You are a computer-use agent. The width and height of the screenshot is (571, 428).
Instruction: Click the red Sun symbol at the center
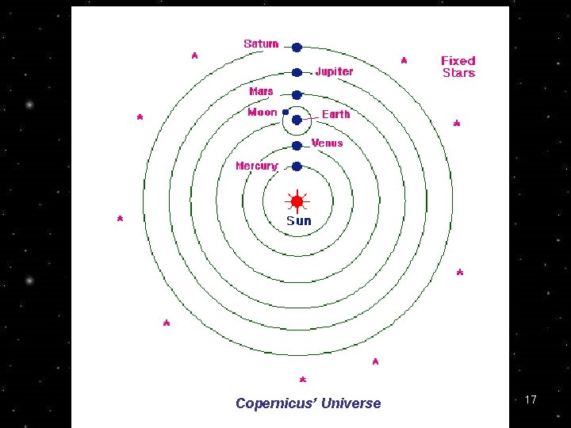(297, 201)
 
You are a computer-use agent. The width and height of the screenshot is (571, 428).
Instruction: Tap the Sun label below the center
(299, 221)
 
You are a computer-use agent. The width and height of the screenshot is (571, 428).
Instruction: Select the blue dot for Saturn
(297, 48)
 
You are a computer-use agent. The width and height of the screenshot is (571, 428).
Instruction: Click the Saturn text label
(261, 44)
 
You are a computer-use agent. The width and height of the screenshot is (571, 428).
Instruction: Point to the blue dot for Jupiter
(297, 72)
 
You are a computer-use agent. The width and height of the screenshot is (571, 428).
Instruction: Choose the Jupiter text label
(334, 71)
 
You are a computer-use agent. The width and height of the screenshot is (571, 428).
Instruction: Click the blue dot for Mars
(297, 95)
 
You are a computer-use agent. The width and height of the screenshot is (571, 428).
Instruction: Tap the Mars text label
(261, 91)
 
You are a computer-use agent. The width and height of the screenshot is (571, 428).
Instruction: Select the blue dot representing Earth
(297, 120)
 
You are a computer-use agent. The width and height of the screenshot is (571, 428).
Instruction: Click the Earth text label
(335, 114)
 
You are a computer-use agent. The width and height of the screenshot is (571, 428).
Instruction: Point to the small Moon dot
(285, 113)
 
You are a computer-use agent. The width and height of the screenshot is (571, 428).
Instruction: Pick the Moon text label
(263, 113)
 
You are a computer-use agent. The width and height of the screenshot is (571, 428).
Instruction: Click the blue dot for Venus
(297, 146)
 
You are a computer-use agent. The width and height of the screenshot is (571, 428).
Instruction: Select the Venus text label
(328, 143)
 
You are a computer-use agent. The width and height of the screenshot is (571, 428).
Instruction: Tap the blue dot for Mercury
(297, 166)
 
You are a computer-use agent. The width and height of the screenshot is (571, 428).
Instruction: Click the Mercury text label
(257, 166)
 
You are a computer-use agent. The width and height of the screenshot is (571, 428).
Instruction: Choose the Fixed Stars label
(458, 67)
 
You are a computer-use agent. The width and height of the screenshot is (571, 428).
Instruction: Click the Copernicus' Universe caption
(308, 403)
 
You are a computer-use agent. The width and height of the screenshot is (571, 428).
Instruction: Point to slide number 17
(531, 399)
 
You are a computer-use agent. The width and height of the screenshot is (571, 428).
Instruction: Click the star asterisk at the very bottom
(303, 380)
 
